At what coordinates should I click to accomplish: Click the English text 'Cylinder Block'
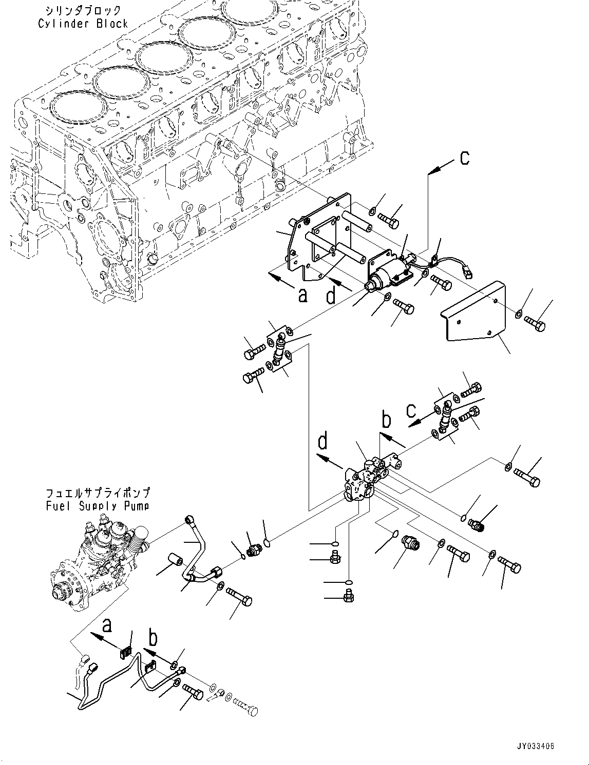pyautogui.click(x=82, y=23)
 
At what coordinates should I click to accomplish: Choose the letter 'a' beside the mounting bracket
pyautogui.click(x=302, y=295)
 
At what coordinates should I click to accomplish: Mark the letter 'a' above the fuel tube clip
pyautogui.click(x=107, y=625)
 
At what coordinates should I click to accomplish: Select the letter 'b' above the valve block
pyautogui.click(x=386, y=419)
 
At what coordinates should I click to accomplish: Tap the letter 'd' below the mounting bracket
pyautogui.click(x=331, y=296)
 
